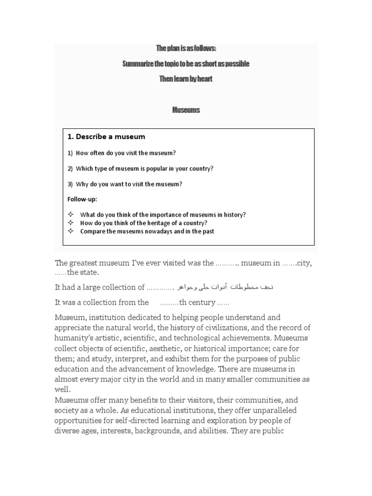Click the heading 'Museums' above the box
186,110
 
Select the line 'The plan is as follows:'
186,48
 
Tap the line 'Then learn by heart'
186,79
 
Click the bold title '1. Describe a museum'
106,137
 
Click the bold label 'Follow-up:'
82,199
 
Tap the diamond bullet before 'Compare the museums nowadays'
70,231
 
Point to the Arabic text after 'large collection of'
225,287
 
